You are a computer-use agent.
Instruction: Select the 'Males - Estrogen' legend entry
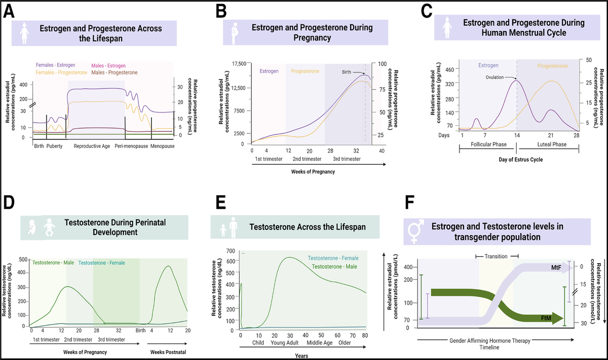[109, 66]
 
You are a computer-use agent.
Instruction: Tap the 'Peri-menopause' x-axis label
[129, 146]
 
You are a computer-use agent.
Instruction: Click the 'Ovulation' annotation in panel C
[496, 78]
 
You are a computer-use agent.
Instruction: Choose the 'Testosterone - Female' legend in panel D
[102, 263]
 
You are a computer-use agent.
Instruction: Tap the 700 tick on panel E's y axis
[232, 251]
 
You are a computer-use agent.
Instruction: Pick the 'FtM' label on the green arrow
[546, 318]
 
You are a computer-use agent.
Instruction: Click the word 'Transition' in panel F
[496, 257]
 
